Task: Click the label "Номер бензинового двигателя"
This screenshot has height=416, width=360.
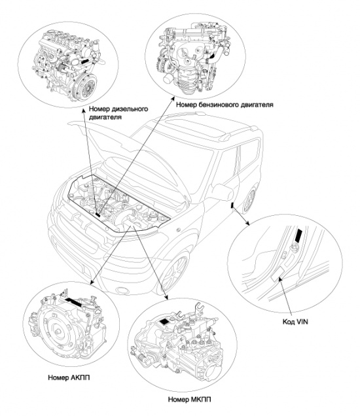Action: tap(225, 105)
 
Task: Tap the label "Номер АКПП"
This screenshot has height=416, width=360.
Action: tap(69, 377)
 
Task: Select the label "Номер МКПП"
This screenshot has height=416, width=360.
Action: tap(190, 399)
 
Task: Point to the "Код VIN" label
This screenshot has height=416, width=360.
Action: tap(295, 322)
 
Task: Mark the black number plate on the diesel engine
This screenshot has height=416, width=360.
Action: tap(85, 61)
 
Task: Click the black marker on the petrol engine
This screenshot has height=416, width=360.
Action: tap(213, 56)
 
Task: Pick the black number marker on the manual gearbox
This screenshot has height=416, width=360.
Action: tap(164, 322)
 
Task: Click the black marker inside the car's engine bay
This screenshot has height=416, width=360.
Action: tap(98, 215)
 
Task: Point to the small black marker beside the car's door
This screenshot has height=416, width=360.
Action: tap(232, 205)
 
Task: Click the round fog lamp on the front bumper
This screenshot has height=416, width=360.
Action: tap(121, 290)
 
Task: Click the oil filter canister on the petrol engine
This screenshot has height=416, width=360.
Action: tap(169, 78)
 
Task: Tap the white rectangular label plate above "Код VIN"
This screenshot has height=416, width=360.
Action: tap(278, 274)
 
